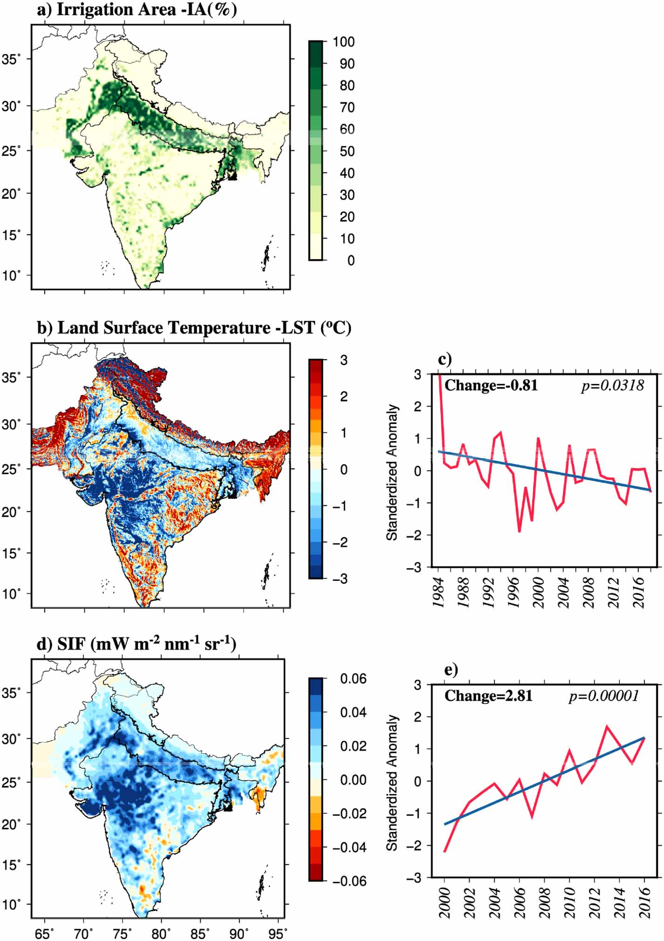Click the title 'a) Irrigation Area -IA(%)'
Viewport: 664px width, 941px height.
point(137,10)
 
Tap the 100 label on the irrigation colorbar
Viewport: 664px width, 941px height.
point(343,42)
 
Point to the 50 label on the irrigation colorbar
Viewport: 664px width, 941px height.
point(347,151)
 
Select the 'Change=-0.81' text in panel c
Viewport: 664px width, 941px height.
point(491,386)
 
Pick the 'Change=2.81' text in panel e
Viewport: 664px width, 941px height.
point(488,696)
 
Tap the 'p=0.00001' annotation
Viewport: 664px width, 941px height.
point(603,696)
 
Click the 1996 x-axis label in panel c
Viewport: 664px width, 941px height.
point(513,593)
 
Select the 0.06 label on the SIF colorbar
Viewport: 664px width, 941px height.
point(353,679)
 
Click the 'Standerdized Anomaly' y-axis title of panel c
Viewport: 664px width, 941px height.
point(392,472)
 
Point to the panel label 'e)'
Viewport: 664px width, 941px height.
point(451,669)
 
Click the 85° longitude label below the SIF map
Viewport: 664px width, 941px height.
point(201,933)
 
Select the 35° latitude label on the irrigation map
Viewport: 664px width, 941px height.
point(11,60)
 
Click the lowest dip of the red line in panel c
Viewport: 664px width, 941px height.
point(519,531)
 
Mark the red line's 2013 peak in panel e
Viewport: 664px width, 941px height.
point(607,726)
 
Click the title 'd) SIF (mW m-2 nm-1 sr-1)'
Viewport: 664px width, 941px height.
point(136,644)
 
